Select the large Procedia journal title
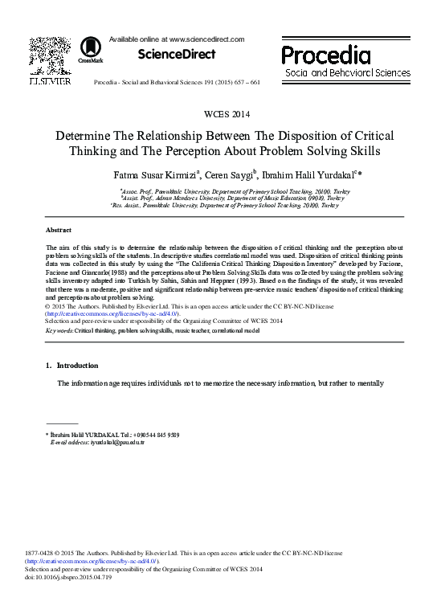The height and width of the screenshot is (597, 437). [x=325, y=55]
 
